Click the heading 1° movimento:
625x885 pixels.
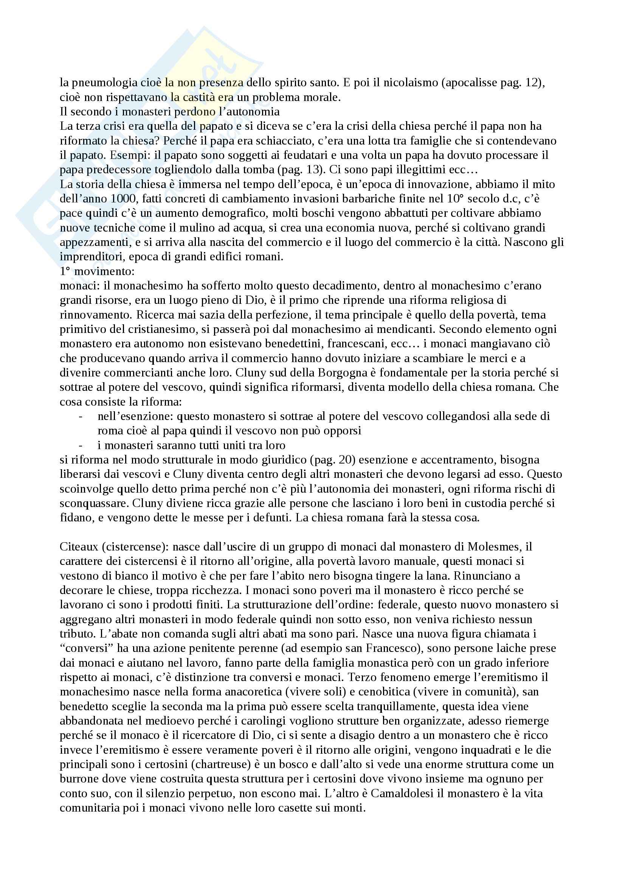click(97, 271)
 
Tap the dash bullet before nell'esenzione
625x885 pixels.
click(80, 416)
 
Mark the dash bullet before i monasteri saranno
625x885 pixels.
click(80, 445)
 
